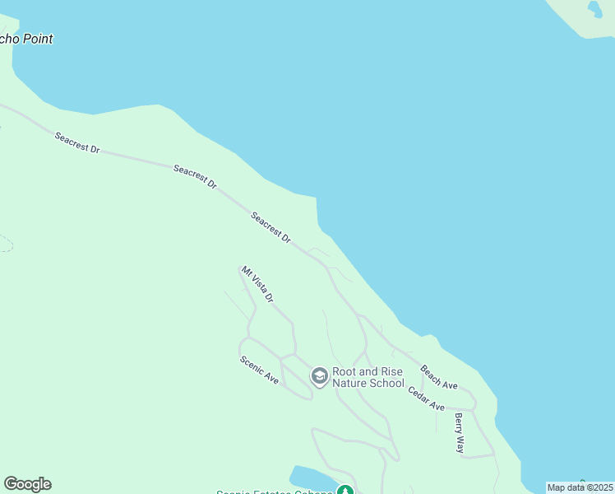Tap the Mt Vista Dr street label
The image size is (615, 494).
tap(257, 284)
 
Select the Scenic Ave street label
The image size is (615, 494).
tap(259, 370)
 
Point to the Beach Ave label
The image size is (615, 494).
tap(439, 377)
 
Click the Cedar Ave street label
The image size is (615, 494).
tap(427, 396)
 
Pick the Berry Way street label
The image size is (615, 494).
tap(460, 433)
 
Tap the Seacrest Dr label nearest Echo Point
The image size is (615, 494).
tap(77, 142)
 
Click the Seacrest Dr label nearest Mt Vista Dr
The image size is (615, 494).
tap(271, 228)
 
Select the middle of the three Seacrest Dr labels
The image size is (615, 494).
tap(195, 177)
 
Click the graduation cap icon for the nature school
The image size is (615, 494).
tap(319, 377)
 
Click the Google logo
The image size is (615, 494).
tap(27, 484)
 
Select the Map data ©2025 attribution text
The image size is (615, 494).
tap(580, 487)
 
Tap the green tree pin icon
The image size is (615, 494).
tap(346, 490)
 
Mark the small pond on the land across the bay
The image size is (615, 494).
tap(594, 8)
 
